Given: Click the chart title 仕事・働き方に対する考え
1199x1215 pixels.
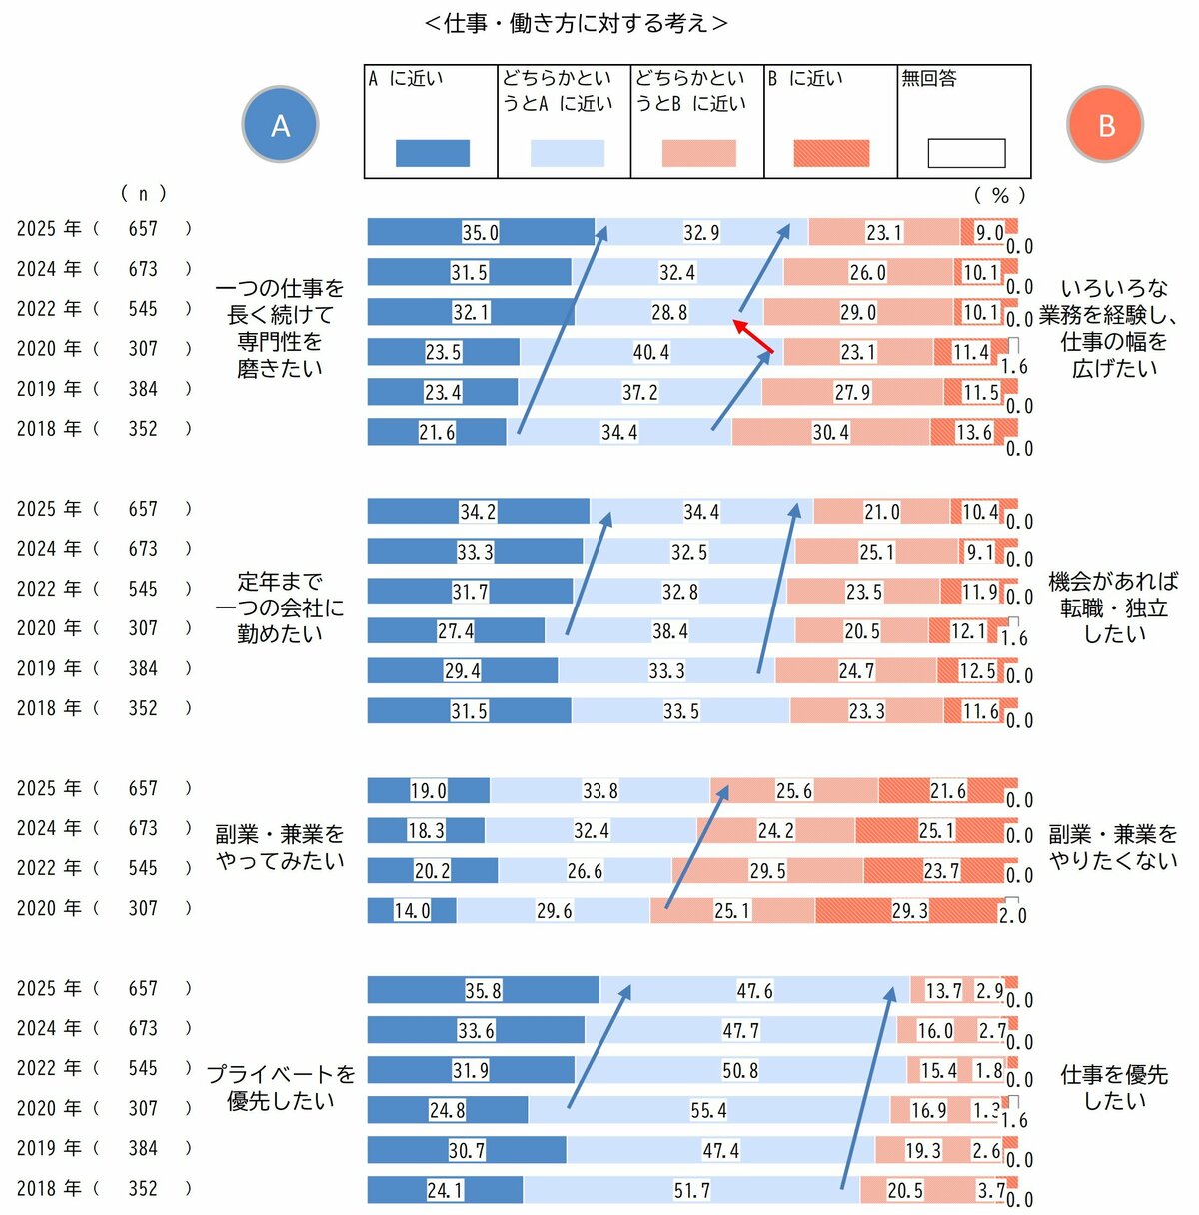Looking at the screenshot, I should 577,23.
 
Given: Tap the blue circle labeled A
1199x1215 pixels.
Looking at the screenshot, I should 280,125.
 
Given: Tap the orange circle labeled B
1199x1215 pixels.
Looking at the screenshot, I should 1105,125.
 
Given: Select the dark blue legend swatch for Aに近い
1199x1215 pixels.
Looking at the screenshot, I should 432,153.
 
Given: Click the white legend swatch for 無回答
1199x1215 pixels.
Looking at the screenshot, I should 965,153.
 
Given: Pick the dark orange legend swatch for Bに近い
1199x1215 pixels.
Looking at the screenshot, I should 830,153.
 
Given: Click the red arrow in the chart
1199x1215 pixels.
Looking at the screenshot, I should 754,337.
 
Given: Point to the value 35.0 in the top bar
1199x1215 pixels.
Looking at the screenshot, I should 480,232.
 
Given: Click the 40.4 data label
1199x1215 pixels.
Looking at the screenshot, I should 651,352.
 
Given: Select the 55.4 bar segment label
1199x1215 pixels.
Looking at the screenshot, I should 708,1110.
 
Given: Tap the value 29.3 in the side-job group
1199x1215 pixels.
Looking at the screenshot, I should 909,910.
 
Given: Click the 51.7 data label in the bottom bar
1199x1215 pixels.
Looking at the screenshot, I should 691,1190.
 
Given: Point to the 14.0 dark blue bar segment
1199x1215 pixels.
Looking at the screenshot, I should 411,910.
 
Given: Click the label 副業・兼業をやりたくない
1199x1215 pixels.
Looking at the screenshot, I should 1113,847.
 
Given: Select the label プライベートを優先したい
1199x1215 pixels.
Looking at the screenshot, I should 281,1087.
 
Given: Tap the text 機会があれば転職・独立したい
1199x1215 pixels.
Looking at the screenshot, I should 1113,607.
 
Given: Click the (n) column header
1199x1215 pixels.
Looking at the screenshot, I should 143,193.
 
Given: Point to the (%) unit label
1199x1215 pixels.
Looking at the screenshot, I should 999,195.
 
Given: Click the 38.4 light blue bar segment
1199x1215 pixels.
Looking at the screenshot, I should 669,631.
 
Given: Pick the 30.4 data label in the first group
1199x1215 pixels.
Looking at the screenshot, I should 830,432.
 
